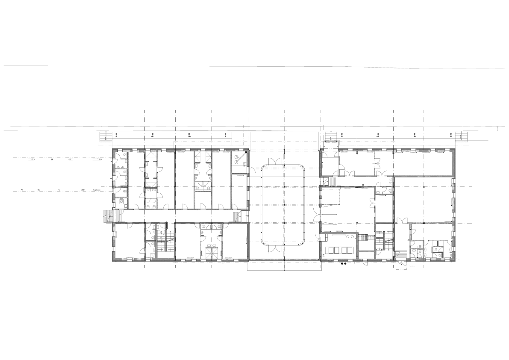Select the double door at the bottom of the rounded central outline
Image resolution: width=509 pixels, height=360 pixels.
[274, 247]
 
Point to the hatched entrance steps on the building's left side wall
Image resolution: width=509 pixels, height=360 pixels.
[107, 216]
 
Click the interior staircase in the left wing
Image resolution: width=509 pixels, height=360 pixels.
[165, 242]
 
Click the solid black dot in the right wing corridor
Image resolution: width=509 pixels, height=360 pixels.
[363, 185]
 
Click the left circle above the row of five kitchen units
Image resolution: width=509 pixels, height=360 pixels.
[347, 236]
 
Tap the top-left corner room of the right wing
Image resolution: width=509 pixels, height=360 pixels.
[330, 166]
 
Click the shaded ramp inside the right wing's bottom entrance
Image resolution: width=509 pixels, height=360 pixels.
[401, 255]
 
